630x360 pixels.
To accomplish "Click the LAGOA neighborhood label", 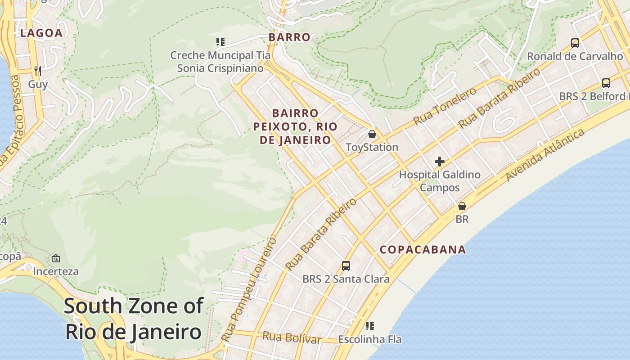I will click(x=41, y=33).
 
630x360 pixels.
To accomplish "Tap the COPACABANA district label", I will click(x=423, y=250).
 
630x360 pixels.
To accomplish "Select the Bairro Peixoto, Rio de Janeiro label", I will click(x=295, y=126).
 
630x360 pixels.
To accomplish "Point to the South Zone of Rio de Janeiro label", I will click(x=133, y=319).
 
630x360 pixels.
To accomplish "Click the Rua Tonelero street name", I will click(x=445, y=107).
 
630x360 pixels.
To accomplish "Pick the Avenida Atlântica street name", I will click(x=545, y=155).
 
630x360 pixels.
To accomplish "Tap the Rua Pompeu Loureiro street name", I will click(x=249, y=289).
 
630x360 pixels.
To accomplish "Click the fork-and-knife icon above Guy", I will click(x=38, y=71).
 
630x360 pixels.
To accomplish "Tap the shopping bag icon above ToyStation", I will click(x=372, y=134).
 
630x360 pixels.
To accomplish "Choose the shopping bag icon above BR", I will click(x=462, y=206).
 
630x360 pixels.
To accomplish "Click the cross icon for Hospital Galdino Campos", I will click(x=440, y=162).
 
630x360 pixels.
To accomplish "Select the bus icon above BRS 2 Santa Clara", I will click(x=346, y=265).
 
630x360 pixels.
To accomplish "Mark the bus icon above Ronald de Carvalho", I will click(x=575, y=43).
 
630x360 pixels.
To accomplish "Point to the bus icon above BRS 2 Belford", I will click(x=606, y=83).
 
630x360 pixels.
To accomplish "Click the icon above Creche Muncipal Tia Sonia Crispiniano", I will click(x=220, y=42).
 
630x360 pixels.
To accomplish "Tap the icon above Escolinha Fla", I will click(x=370, y=326).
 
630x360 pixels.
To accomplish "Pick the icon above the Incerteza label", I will click(x=56, y=258).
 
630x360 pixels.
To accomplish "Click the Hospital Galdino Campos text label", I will click(x=440, y=181).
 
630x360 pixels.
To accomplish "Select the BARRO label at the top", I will click(x=289, y=37).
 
